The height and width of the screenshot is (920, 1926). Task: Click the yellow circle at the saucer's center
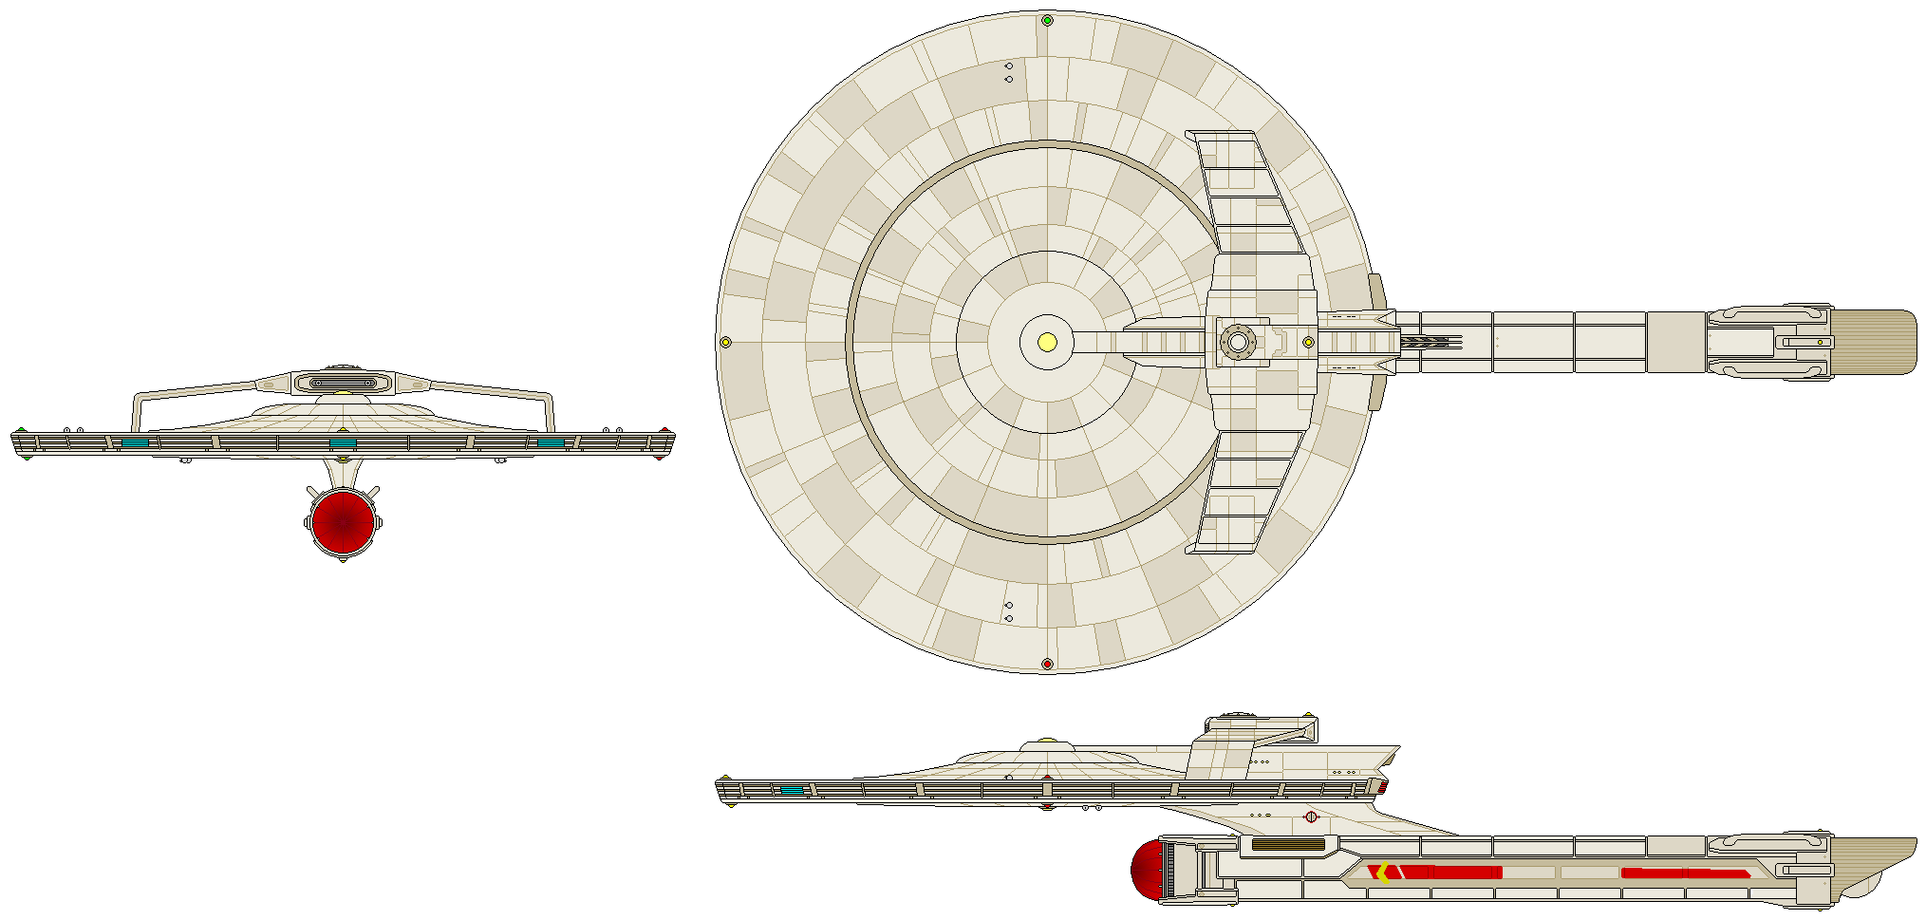(x=1047, y=342)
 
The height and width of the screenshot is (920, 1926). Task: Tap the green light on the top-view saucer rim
(x=1047, y=20)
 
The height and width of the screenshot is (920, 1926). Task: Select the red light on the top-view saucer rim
(x=1047, y=664)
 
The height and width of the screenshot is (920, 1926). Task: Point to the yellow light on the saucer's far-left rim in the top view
(x=725, y=342)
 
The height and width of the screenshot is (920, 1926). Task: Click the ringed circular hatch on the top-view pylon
(x=1237, y=342)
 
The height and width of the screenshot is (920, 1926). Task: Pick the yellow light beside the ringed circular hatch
(x=1308, y=342)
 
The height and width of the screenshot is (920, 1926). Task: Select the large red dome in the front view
(x=342, y=521)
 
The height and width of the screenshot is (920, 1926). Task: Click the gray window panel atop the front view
(x=343, y=384)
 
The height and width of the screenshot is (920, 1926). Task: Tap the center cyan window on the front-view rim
(x=343, y=443)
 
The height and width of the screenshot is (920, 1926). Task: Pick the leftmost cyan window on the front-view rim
(x=135, y=442)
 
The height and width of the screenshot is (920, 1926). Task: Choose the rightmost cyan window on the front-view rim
(x=550, y=442)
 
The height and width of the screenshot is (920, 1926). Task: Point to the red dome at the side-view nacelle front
(x=1146, y=870)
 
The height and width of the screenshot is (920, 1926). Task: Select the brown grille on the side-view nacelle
(x=1287, y=844)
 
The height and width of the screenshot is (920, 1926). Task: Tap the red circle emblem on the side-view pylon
(x=1311, y=817)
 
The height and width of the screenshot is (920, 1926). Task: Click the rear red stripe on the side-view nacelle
(x=1684, y=873)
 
